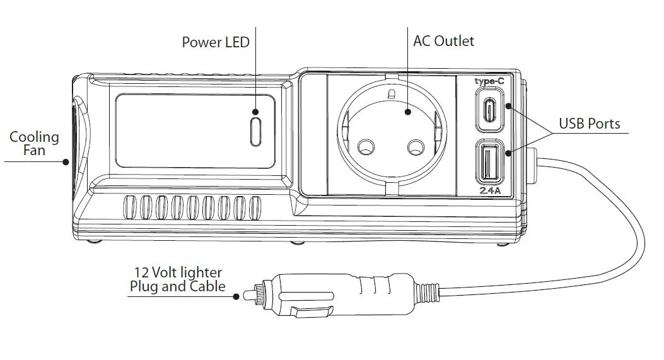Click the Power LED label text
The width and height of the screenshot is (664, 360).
point(216,42)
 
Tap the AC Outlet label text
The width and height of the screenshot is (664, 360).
point(443,41)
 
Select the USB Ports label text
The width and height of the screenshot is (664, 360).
point(590,124)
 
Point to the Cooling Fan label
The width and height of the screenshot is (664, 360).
point(35,144)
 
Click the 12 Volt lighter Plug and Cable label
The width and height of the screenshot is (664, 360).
point(177,279)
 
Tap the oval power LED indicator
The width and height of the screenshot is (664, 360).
point(255,131)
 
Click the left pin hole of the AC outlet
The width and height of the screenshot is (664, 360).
point(365,148)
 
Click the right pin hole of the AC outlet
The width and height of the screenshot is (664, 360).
point(415,148)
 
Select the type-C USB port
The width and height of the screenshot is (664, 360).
point(489,109)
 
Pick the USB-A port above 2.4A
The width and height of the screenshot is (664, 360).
point(489,163)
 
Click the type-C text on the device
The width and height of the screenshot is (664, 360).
point(489,81)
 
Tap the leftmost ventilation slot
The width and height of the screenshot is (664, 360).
point(130,207)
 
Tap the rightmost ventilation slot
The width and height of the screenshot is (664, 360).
point(255,207)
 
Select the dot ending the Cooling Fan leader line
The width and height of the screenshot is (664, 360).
point(66,161)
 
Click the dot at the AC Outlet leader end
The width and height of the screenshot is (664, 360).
point(407,112)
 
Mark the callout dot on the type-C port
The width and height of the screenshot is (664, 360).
point(508,109)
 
